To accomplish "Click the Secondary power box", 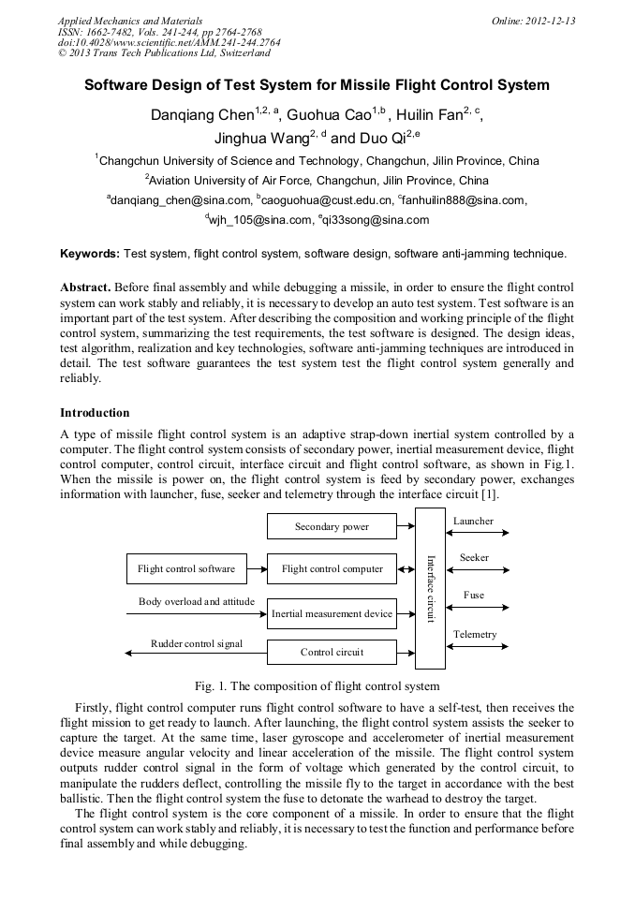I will coord(332,526).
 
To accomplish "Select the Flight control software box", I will coord(186,568).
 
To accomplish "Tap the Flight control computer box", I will coord(332,568).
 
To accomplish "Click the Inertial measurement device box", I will coord(332,613).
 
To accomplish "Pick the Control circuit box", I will coord(332,652).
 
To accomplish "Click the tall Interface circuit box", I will coord(430,588).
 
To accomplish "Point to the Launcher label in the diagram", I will coord(473,521).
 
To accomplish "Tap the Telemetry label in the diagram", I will coord(475,635).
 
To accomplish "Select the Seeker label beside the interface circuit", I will coord(474,557).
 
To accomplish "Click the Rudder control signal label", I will coord(197,643).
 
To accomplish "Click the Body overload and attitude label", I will coord(197,601).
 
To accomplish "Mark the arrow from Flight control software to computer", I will coord(257,568).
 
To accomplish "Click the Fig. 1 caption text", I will coord(317,686).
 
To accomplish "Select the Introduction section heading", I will coord(95,413).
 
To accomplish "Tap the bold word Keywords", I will coord(90,254).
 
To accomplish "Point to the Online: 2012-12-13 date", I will coord(533,21).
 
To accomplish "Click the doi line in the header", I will coord(169,42).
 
